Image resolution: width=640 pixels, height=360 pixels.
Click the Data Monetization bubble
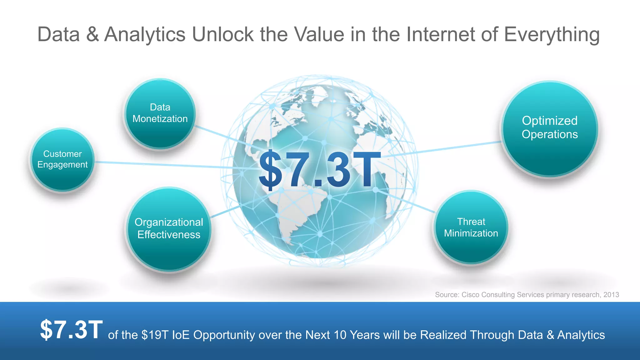click(160, 113)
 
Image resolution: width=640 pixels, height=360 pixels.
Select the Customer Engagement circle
click(62, 159)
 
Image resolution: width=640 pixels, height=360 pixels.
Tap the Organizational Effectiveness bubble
click(169, 229)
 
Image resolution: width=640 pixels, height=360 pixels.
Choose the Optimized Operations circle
click(550, 128)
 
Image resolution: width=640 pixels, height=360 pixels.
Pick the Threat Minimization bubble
click(471, 227)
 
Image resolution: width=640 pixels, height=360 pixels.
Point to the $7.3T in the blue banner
click(71, 330)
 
